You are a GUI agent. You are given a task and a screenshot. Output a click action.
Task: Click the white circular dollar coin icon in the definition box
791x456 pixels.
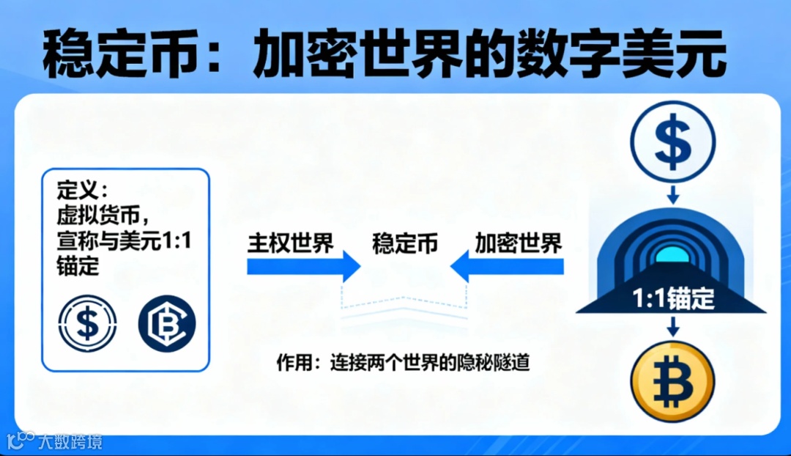[x=87, y=324]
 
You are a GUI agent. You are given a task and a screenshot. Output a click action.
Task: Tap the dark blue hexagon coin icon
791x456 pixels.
[x=166, y=324]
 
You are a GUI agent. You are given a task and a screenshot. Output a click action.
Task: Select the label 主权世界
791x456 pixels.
[x=291, y=243]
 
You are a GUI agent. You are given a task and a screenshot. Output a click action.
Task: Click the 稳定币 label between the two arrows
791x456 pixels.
[x=405, y=243]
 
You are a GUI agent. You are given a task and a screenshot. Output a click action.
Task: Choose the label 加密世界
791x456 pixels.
[x=518, y=243]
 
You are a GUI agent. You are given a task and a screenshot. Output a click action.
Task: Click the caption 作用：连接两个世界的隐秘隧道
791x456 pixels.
[x=403, y=362]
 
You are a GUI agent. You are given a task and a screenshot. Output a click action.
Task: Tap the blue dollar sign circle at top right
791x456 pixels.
[x=672, y=141]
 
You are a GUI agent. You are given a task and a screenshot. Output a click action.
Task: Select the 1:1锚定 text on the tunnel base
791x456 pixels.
[x=672, y=300]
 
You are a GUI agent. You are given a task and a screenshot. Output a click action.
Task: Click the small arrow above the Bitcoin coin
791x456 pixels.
[x=672, y=328]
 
